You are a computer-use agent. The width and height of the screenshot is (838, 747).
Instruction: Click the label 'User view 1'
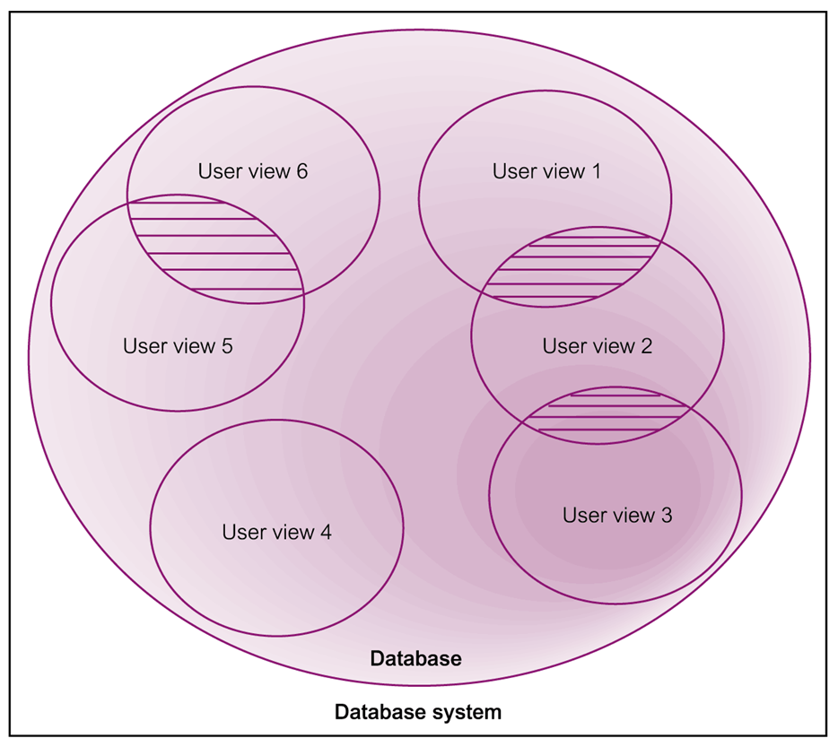(546, 171)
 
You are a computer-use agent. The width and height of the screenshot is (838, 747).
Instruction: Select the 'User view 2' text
(597, 346)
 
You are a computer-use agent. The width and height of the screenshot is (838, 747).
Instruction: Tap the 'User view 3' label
(617, 516)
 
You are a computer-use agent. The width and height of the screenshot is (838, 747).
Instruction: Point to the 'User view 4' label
(276, 532)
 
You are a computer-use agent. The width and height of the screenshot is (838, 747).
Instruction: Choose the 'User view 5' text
(178, 346)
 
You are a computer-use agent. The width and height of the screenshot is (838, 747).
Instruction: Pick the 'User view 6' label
(253, 171)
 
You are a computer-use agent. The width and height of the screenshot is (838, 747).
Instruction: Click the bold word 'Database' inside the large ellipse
(416, 659)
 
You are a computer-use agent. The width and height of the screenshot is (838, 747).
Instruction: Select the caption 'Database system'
(418, 713)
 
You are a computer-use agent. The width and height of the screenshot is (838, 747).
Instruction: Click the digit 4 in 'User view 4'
(326, 532)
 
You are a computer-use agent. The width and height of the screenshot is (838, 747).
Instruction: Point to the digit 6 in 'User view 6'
(302, 171)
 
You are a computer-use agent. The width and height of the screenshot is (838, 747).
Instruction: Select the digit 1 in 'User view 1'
(596, 171)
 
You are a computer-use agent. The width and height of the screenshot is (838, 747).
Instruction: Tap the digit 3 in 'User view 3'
(667, 516)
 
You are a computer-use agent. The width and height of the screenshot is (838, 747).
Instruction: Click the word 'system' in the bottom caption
(467, 713)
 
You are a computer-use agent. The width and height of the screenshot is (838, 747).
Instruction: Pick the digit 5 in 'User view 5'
(227, 346)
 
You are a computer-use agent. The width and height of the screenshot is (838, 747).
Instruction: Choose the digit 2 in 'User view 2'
(646, 346)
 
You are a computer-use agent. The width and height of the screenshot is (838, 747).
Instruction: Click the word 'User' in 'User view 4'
(240, 532)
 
